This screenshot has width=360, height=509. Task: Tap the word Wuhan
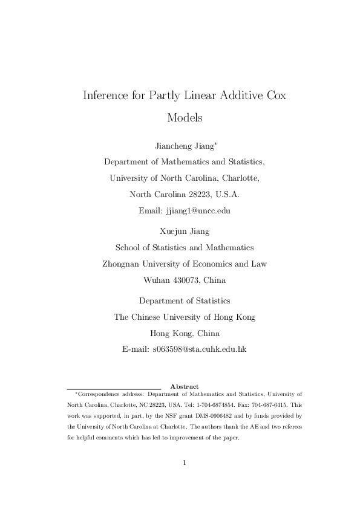(x=157, y=280)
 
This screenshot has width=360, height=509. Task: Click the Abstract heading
(x=185, y=386)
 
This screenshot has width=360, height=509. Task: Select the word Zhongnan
(x=123, y=264)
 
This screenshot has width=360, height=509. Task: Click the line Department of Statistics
(x=185, y=300)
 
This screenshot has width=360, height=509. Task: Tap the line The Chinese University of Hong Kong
(x=185, y=317)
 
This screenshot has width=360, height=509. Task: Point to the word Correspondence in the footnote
(x=98, y=394)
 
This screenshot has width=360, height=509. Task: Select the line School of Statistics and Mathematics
(x=185, y=247)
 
